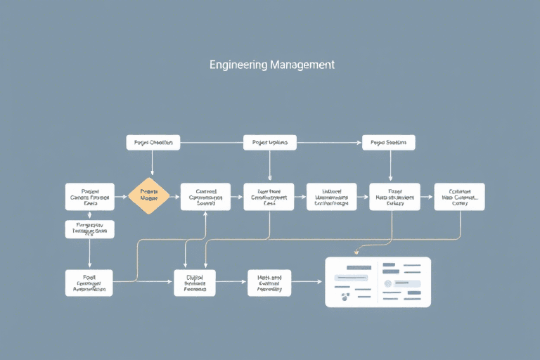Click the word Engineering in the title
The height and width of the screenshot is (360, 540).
[x=238, y=65]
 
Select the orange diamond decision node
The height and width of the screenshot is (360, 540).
[x=149, y=197]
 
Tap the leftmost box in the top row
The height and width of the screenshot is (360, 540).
[x=153, y=143]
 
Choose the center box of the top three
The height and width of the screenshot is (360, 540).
[x=270, y=143]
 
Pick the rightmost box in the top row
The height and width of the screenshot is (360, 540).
[x=389, y=143]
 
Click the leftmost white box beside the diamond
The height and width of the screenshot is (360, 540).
[x=90, y=197]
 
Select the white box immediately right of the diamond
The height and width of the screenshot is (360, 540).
[x=205, y=197]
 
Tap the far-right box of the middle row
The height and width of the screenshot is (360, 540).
[x=459, y=197]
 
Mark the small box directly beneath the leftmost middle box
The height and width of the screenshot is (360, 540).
[x=90, y=229]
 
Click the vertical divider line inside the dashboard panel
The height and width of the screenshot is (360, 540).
[x=378, y=281]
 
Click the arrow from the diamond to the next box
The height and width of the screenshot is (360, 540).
[x=175, y=198]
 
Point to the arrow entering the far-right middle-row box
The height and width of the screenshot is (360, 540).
[x=427, y=198]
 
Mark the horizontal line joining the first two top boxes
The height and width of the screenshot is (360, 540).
[x=212, y=143]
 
